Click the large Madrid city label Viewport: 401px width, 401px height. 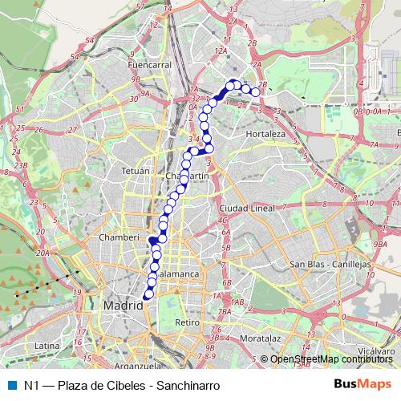click(123, 306)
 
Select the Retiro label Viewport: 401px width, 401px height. click(186, 322)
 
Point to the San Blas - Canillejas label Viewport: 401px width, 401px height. click(329, 264)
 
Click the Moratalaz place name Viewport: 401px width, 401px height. click(260, 338)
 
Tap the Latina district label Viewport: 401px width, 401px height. click(47, 346)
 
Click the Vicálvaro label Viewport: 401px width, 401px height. click(377, 350)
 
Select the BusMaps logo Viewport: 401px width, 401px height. click(363, 384)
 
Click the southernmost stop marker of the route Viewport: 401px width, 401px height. click(147, 297)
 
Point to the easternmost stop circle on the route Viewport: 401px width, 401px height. click(256, 92)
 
